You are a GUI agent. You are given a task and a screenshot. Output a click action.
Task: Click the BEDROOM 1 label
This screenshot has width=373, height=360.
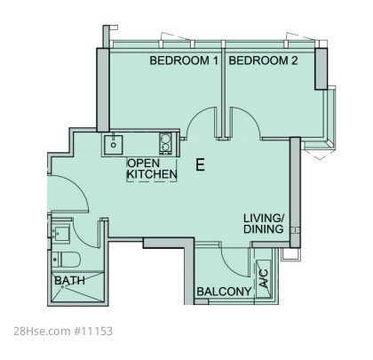click(x=184, y=60)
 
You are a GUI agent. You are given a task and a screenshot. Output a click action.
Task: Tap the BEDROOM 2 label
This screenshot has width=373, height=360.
click(x=263, y=60)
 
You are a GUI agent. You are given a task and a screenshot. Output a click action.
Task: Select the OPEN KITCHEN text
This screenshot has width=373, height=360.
click(x=152, y=169)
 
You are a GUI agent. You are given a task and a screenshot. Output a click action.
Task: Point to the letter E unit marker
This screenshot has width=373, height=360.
click(x=200, y=164)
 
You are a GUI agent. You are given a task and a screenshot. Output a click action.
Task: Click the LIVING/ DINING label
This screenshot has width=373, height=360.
click(x=264, y=224)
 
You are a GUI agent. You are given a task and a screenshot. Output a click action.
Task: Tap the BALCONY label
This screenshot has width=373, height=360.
click(x=224, y=292)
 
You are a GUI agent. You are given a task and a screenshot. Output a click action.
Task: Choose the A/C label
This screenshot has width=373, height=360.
click(x=263, y=278)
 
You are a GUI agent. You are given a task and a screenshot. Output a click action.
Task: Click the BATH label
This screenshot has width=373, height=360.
click(x=70, y=280)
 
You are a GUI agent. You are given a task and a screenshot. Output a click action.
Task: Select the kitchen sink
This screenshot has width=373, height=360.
click(x=113, y=144)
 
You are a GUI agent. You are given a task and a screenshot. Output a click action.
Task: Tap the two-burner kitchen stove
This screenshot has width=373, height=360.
click(x=166, y=143)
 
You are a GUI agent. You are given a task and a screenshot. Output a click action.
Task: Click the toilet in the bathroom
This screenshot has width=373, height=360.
click(x=66, y=260)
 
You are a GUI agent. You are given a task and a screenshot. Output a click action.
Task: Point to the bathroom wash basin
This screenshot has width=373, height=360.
click(x=60, y=234)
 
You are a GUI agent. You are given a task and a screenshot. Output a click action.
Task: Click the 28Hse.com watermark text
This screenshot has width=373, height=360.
click(x=42, y=331)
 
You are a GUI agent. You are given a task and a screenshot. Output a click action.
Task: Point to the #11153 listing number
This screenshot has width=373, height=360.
click(x=92, y=331)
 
